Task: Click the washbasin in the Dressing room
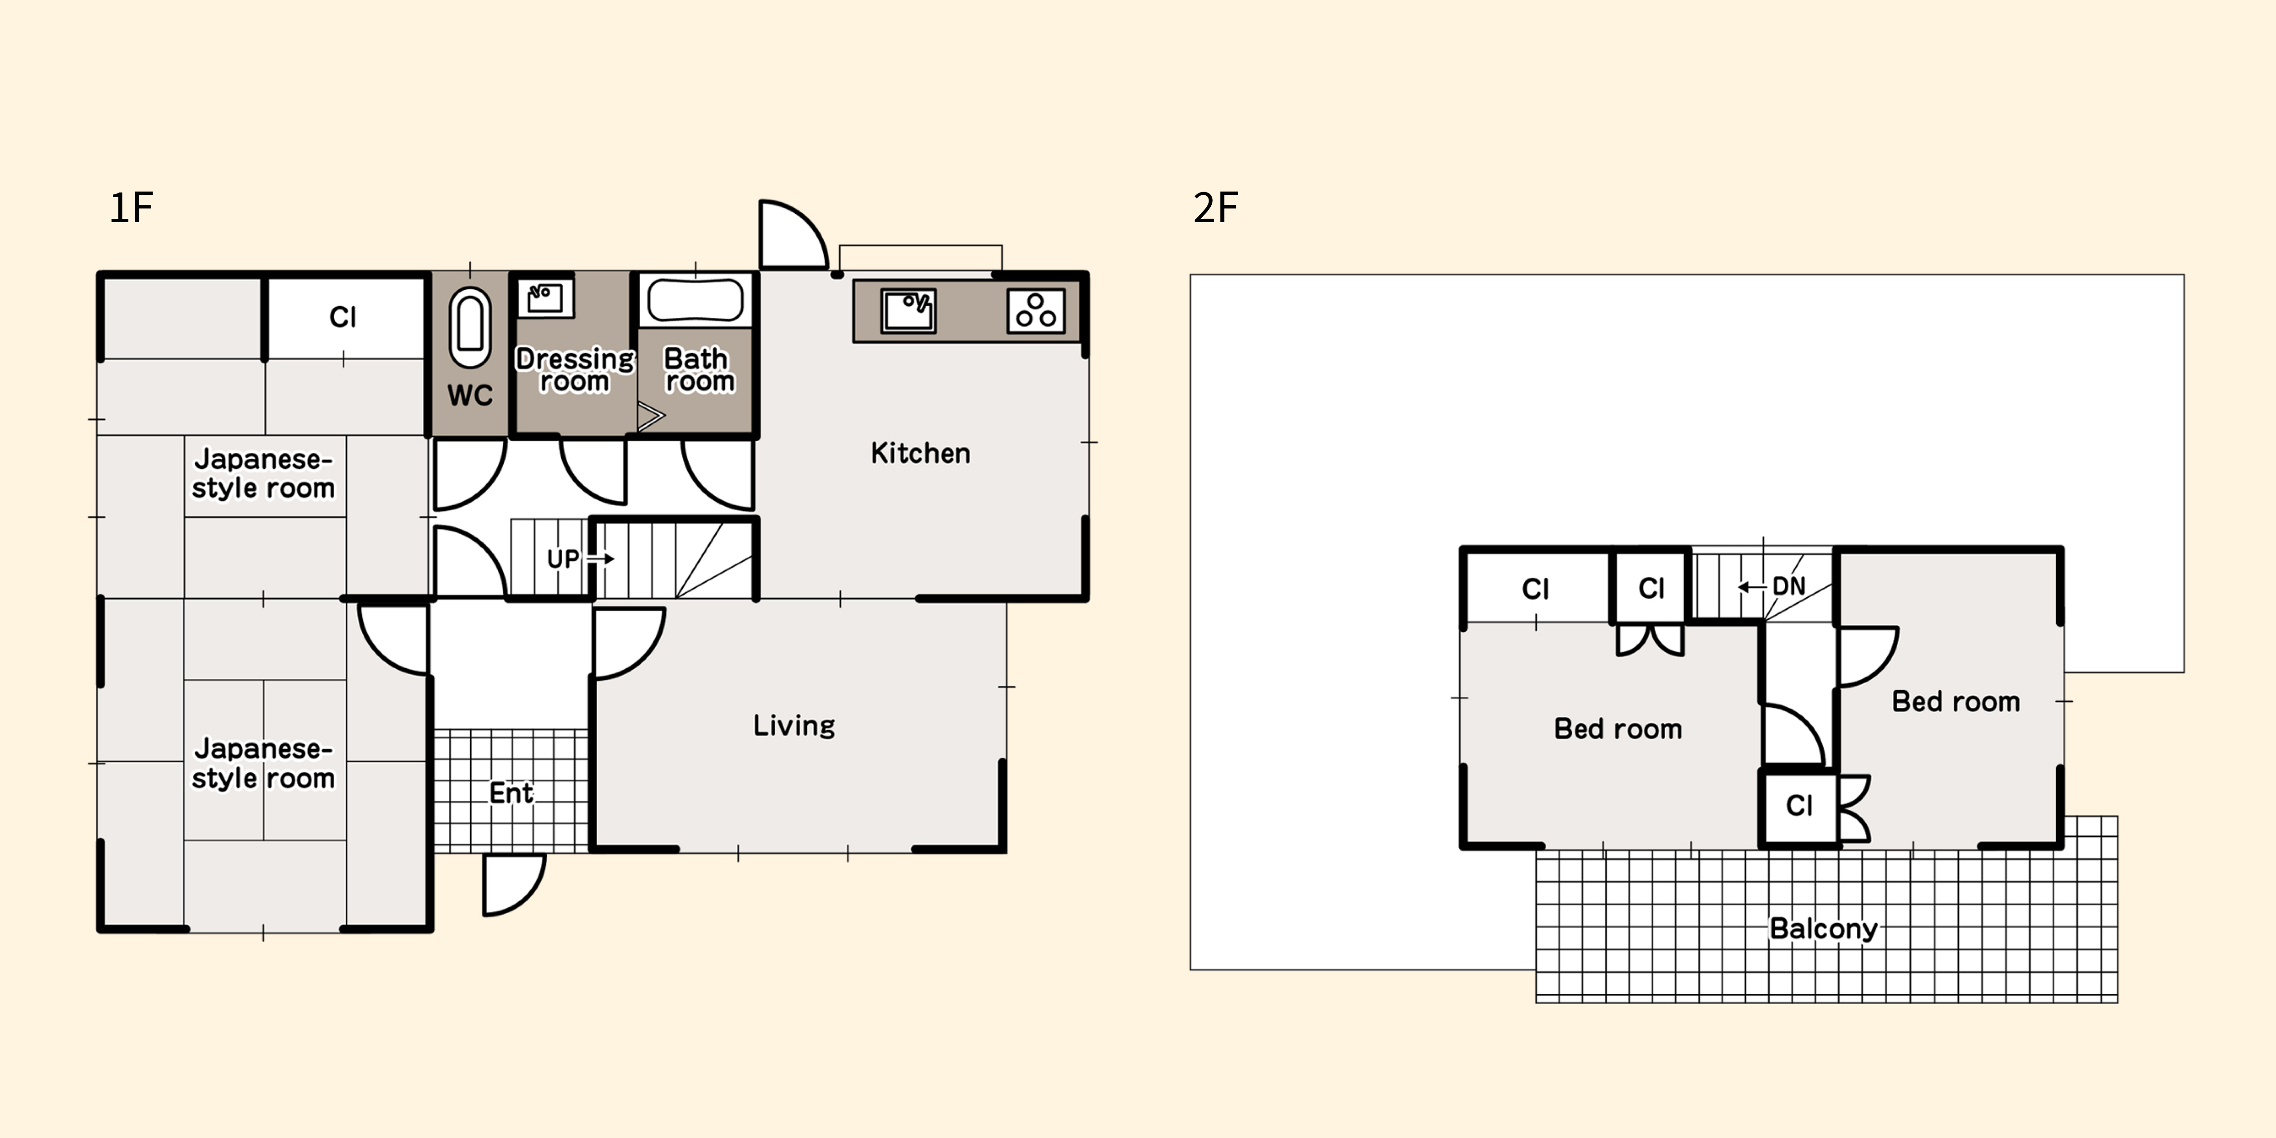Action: click(x=545, y=298)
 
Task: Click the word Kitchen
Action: click(x=921, y=453)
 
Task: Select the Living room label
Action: click(x=793, y=726)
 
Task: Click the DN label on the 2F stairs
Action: click(x=1788, y=587)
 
